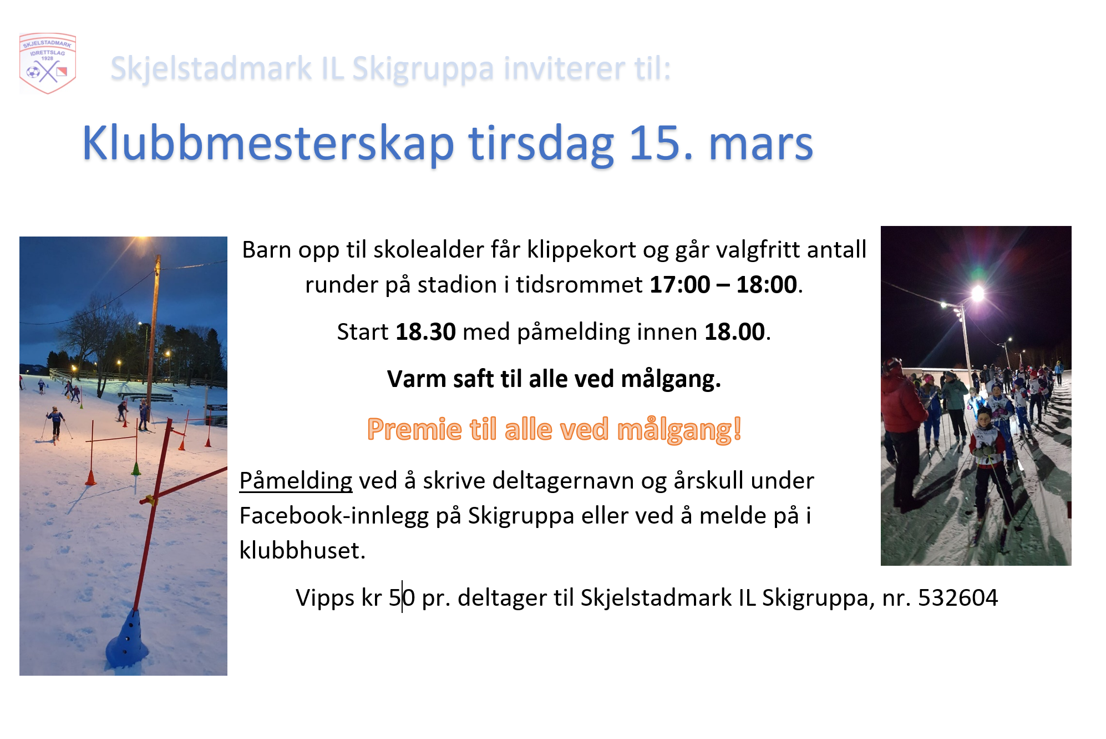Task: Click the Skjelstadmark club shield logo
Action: (48, 63)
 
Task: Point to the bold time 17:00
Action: (679, 284)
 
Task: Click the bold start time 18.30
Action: (425, 331)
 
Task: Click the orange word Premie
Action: (414, 429)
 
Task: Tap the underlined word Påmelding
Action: (296, 481)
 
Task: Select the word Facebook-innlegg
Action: (334, 516)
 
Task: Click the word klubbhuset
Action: (302, 550)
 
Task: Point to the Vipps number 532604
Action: (958, 597)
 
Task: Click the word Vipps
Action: (325, 598)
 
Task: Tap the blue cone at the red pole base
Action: (127, 639)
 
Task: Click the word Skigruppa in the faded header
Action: (423, 69)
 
